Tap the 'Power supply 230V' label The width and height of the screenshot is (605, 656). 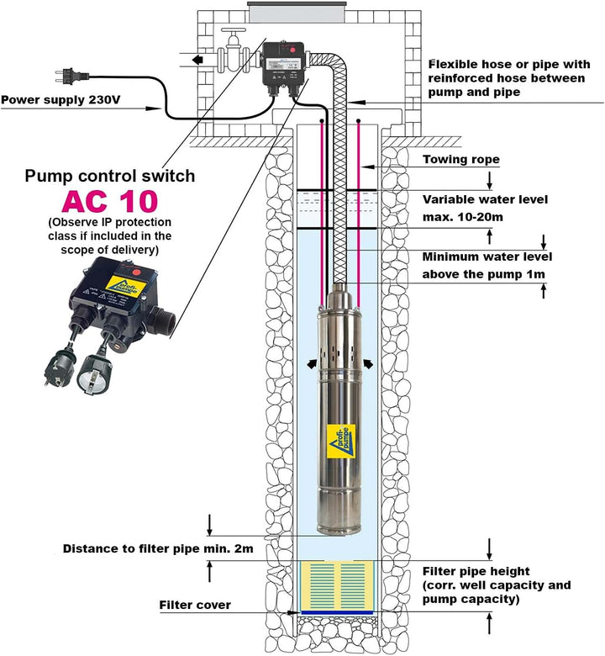coord(60,100)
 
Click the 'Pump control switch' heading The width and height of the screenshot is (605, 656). coord(110,176)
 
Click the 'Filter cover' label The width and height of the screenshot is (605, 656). coord(195,605)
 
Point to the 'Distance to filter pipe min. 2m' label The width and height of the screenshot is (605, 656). coord(158,548)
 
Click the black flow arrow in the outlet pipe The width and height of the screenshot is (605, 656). coord(195,61)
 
